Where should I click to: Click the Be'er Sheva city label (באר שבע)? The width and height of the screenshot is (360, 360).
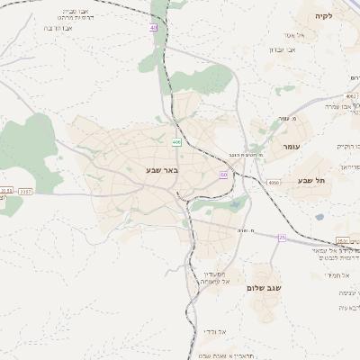click(x=162, y=169)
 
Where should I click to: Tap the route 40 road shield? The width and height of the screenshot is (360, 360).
click(x=154, y=29)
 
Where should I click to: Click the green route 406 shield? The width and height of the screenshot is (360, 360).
click(x=176, y=141)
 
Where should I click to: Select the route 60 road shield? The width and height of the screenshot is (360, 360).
click(x=223, y=175)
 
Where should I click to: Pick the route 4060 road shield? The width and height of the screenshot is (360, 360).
click(x=274, y=183)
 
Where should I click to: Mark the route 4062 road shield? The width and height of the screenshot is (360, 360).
click(x=351, y=95)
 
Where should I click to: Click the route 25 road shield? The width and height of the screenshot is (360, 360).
click(x=282, y=238)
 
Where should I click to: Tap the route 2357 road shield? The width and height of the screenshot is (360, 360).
click(x=25, y=191)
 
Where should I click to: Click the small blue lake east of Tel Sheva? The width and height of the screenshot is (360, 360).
click(x=319, y=217)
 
